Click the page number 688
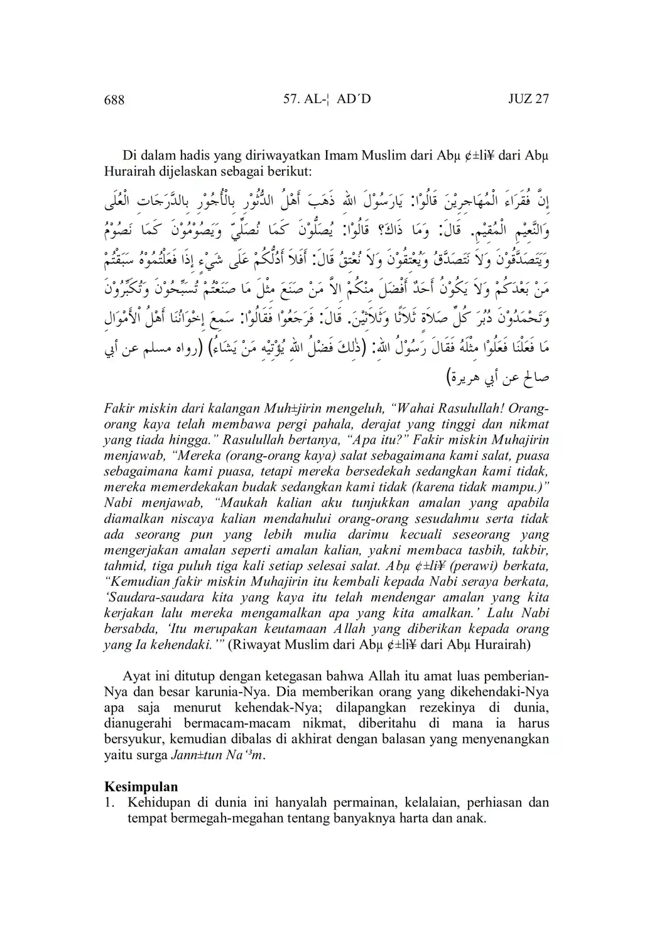pyautogui.click(x=114, y=99)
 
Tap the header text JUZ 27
pyautogui.click(x=528, y=99)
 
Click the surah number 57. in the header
pyautogui.click(x=293, y=99)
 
